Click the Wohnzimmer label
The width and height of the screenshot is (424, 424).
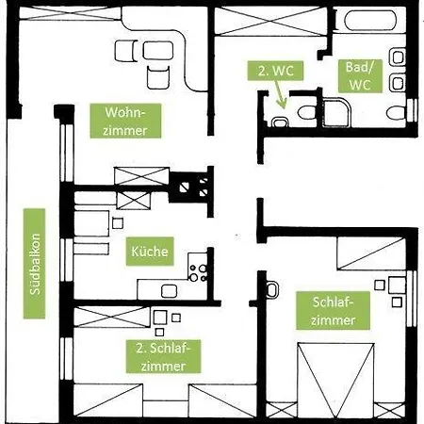tap(125, 121)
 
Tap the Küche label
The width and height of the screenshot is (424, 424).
tap(150, 252)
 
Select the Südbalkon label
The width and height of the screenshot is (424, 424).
tap(34, 264)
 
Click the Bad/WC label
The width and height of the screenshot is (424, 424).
tap(360, 76)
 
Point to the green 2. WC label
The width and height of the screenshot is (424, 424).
tap(275, 71)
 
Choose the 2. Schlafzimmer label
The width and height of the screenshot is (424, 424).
tap(163, 356)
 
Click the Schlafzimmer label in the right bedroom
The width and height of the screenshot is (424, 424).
tap(333, 311)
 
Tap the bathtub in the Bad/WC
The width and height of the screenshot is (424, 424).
tap(370, 21)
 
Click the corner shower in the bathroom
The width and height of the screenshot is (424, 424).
tap(336, 113)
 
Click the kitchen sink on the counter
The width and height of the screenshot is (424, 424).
tap(169, 291)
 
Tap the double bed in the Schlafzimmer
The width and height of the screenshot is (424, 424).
tap(335, 381)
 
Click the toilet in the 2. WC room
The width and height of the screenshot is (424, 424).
tap(306, 112)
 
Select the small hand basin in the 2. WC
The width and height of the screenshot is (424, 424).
tap(280, 122)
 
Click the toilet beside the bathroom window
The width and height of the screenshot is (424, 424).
tap(397, 113)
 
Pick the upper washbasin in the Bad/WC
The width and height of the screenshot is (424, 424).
tap(398, 57)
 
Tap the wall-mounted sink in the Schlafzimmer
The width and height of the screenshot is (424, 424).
tap(271, 289)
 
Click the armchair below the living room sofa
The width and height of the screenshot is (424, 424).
tap(158, 77)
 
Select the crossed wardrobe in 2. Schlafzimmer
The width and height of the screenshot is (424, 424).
tap(112, 318)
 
